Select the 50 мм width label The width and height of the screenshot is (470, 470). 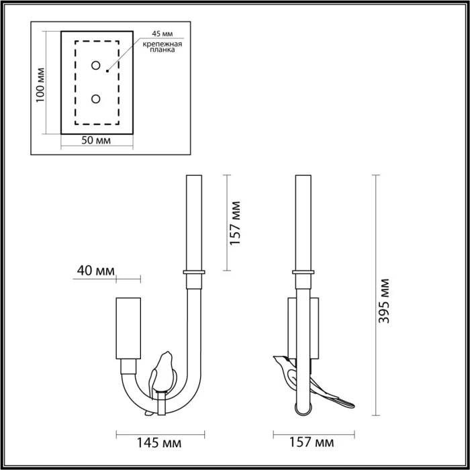pyautogui.click(x=96, y=140)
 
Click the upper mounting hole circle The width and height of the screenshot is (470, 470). pyautogui.click(x=96, y=65)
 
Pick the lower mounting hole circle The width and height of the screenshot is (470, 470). pyautogui.click(x=96, y=99)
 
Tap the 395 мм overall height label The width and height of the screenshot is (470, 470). pyautogui.click(x=384, y=301)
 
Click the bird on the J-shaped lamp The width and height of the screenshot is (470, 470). pyautogui.click(x=162, y=373)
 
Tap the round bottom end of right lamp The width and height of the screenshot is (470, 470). pyautogui.click(x=303, y=406)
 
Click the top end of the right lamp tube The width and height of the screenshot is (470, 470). pyautogui.click(x=303, y=177)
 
